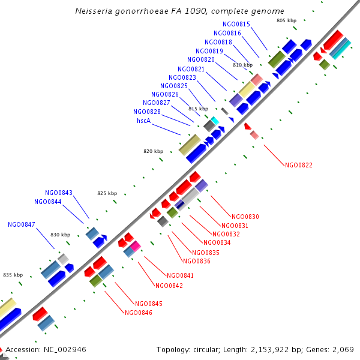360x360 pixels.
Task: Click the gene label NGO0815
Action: pyautogui.click(x=236, y=24)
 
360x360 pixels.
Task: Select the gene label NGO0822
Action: pyautogui.click(x=299, y=164)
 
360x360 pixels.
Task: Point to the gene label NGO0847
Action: pyautogui.click(x=22, y=224)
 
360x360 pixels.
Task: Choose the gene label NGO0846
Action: pyautogui.click(x=139, y=313)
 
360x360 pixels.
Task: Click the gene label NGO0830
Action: pyautogui.click(x=245, y=217)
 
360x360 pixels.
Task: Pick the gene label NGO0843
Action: pyautogui.click(x=58, y=193)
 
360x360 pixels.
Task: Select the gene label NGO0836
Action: pyautogui.click(x=197, y=261)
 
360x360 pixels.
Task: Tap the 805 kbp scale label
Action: pyautogui.click(x=287, y=20)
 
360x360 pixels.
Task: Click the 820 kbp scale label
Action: pyautogui.click(x=154, y=151)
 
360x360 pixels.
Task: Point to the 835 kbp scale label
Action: pyautogui.click(x=13, y=274)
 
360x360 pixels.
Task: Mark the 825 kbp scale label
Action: pyautogui.click(x=107, y=193)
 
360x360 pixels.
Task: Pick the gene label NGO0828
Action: pyautogui.click(x=147, y=112)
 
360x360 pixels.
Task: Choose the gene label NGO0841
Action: pyautogui.click(x=172, y=276)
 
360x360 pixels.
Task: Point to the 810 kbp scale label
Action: pyautogui.click(x=242, y=64)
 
